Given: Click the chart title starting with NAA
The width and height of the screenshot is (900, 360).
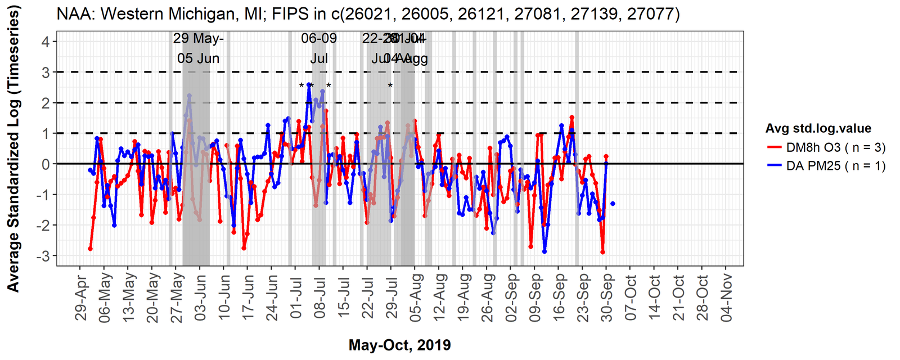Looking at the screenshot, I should point(368,13).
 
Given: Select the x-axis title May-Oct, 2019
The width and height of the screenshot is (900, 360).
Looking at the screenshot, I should point(399,345).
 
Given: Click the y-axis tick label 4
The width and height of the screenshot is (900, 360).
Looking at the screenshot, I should point(46,42).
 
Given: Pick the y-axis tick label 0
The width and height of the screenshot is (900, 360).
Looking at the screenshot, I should point(46,164).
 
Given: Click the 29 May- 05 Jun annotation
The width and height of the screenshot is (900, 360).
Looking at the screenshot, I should point(198,48).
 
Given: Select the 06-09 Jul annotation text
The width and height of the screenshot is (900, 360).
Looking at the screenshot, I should point(319,48).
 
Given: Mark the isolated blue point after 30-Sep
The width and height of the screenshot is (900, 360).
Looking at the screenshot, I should point(613,204).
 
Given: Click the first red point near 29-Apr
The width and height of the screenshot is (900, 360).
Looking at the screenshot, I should point(90,249).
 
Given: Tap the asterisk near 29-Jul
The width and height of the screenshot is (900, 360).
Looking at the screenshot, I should point(390,86).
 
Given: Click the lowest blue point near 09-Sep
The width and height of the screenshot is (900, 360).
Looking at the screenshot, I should point(544,251).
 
